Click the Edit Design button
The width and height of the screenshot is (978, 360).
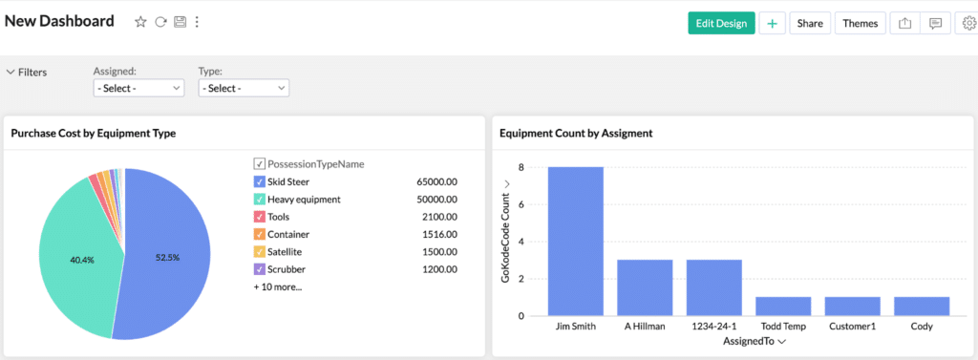(721, 23)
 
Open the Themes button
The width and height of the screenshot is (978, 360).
(860, 23)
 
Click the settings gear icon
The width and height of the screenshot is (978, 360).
(967, 23)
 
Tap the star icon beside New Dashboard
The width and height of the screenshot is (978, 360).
(140, 22)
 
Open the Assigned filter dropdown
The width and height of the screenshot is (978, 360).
(138, 88)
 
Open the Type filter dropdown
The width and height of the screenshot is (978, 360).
(244, 88)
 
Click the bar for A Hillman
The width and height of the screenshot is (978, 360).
(645, 287)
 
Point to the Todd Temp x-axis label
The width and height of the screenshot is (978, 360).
(783, 326)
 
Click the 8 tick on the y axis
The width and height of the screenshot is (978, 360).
(521, 167)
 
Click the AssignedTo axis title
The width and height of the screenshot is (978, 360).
(749, 341)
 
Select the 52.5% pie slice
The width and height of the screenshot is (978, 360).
(167, 256)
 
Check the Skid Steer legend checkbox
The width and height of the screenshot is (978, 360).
(260, 181)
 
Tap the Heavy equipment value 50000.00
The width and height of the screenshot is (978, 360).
(437, 200)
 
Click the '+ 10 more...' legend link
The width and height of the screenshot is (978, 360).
(278, 286)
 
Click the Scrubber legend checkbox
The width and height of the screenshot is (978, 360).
(260, 269)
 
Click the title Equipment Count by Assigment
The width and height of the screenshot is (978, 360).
(576, 134)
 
